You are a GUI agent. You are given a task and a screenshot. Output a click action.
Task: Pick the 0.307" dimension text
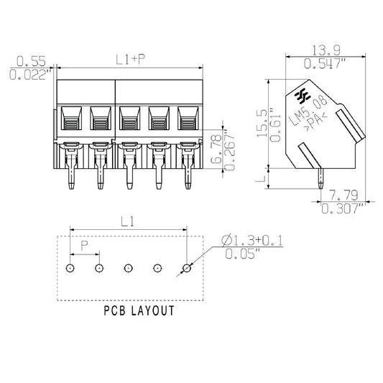pyautogui.click(x=343, y=209)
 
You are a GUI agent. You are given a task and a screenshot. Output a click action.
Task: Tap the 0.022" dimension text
pyautogui.click(x=30, y=73)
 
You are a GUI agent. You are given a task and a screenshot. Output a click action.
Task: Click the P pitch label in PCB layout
pyautogui.click(x=84, y=246)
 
